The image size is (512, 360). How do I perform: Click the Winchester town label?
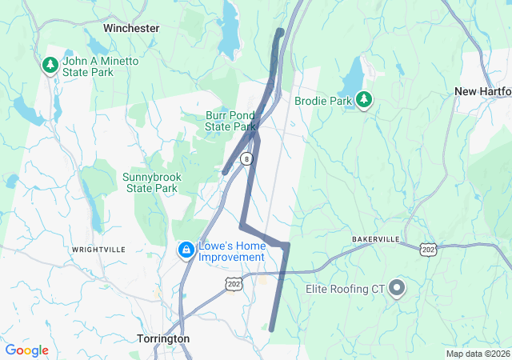coord(131,28)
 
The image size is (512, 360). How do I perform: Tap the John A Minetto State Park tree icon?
coord(50,64)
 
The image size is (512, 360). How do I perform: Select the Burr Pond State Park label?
coord(230,121)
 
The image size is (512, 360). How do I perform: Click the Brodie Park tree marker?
coord(365,100)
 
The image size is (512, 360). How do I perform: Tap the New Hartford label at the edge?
coord(483,91)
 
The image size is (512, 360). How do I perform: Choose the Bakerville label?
coord(375,239)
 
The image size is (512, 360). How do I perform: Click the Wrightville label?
coord(98,250)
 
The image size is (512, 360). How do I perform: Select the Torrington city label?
coord(163,338)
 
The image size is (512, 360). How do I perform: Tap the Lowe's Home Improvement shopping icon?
coord(186,251)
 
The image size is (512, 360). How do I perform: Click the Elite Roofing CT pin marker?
coord(397,289)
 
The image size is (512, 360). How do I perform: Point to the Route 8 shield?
coord(248,158)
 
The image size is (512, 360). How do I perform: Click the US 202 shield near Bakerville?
coord(427,250)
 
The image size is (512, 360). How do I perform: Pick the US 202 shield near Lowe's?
coord(234,283)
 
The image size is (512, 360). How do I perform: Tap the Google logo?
coord(26,350)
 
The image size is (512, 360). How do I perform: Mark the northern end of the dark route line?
coord(280,32)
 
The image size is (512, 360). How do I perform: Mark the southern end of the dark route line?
coord(271,329)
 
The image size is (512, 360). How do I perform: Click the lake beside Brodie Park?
coord(351,79)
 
